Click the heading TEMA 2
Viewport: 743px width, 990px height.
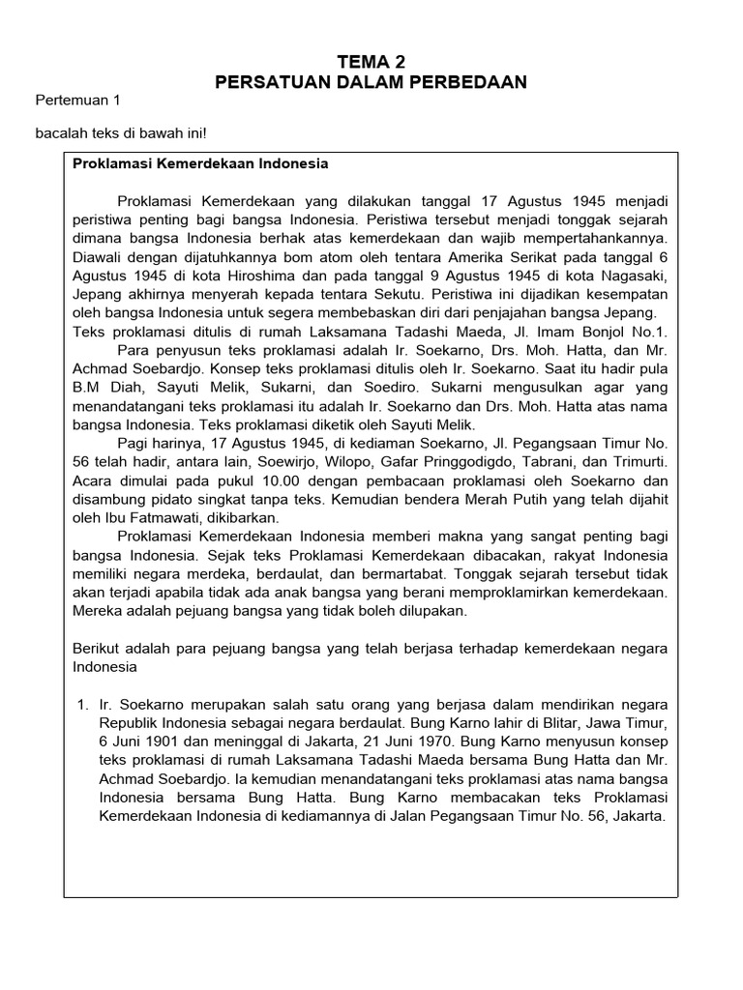point(371,62)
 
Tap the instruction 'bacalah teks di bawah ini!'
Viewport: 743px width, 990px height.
point(121,134)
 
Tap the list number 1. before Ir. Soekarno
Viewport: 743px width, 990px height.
point(82,704)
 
